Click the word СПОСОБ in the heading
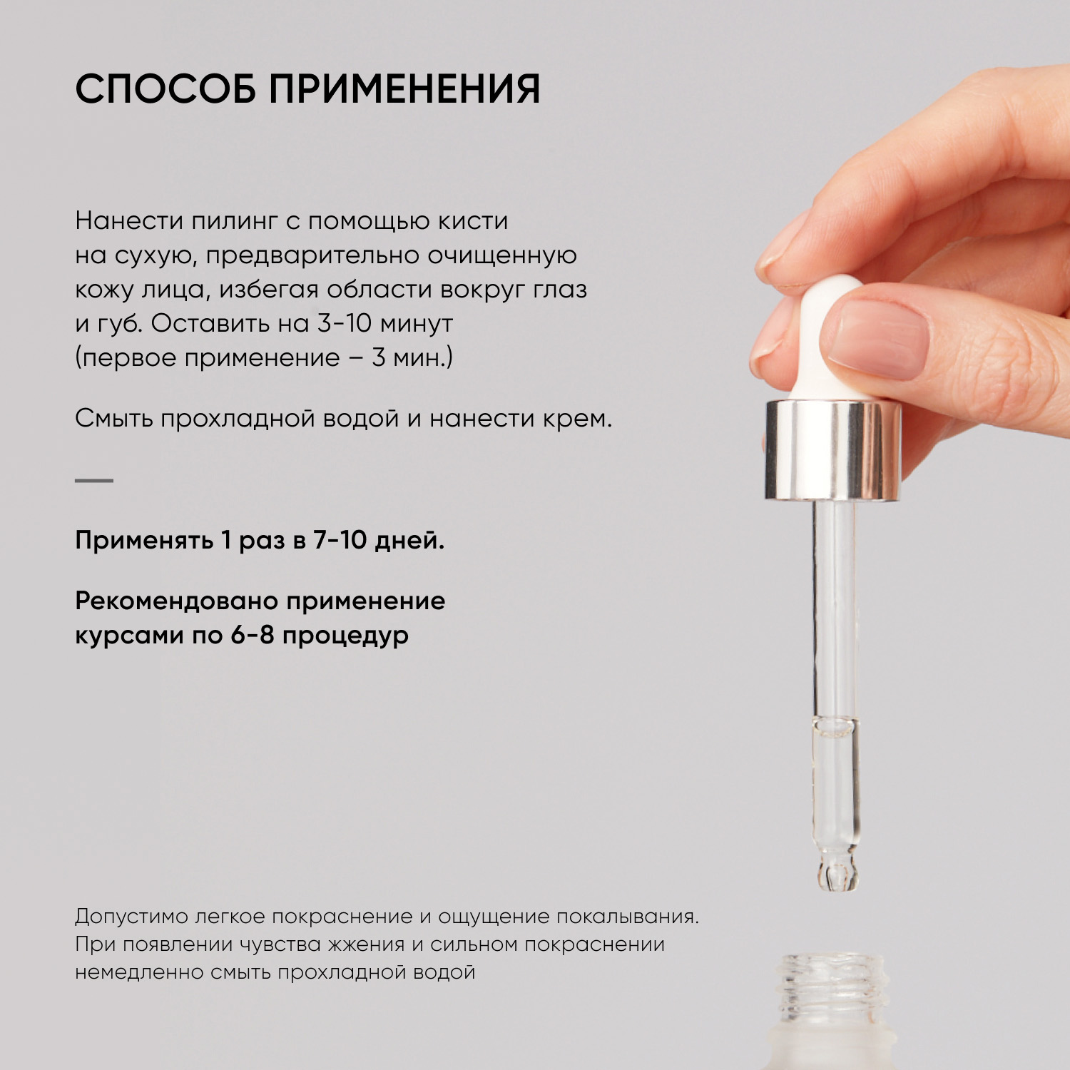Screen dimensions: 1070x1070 pyautogui.click(x=165, y=90)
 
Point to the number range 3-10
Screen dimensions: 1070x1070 pyautogui.click(x=344, y=323)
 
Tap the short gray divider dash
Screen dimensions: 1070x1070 pyautogui.click(x=94, y=481)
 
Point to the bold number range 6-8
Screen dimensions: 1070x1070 pyautogui.click(x=253, y=635)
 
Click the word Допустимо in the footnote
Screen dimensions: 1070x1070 pyautogui.click(x=131, y=917)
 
